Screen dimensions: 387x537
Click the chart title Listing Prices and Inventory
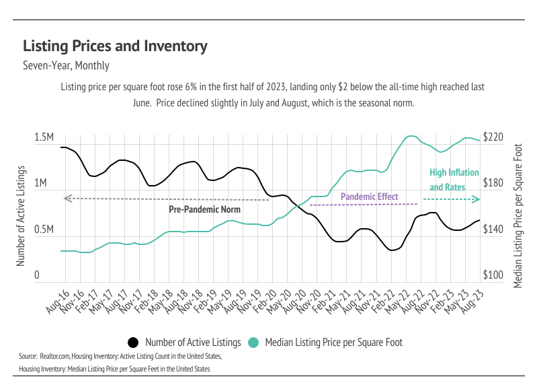pyautogui.click(x=115, y=46)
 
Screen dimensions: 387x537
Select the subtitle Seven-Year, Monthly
pyautogui.click(x=66, y=66)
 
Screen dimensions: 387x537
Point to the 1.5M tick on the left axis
pyautogui.click(x=44, y=138)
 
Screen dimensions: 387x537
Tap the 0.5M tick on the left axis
pyautogui.click(x=44, y=230)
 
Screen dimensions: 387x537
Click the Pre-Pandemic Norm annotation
pyautogui.click(x=204, y=209)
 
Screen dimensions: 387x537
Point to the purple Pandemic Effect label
pyautogui.click(x=369, y=197)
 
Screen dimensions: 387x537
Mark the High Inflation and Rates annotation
pyautogui.click(x=448, y=179)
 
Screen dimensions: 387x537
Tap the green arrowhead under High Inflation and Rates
pyautogui.click(x=477, y=199)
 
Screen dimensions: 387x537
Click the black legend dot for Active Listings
pyautogui.click(x=133, y=342)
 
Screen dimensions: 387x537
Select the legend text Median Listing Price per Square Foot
pyautogui.click(x=333, y=342)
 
